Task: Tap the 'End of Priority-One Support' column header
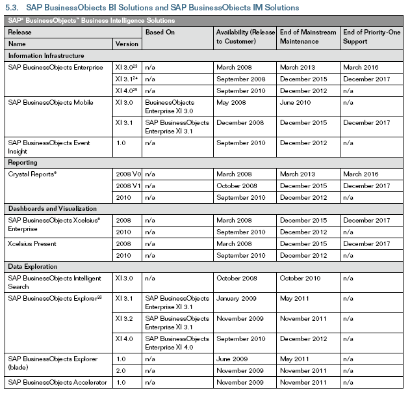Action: pyautogui.click(x=370, y=36)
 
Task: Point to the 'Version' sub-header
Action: pyautogui.click(x=127, y=44)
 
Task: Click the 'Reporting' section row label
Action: pyautogui.click(x=23, y=163)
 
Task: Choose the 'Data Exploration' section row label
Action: pyautogui.click(x=32, y=267)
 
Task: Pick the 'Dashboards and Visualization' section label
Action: pyautogui.click(x=52, y=209)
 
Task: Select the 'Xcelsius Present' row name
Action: pyautogui.click(x=32, y=243)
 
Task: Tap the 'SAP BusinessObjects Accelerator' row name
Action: pyautogui.click(x=58, y=382)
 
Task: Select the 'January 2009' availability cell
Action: pyautogui.click(x=235, y=298)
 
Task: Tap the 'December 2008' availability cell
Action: pyautogui.click(x=239, y=122)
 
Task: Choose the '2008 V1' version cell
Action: pyautogui.click(x=128, y=186)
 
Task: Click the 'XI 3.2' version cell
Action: pyautogui.click(x=123, y=319)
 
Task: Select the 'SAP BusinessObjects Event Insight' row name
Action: pyautogui.click(x=49, y=146)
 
